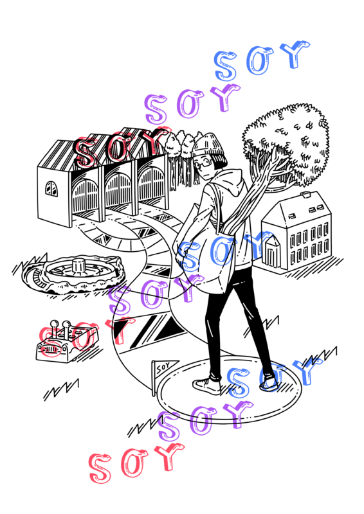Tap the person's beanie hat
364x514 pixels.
coord(209,148)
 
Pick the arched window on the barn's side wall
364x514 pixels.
coord(51,188)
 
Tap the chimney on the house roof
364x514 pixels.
coord(305,195)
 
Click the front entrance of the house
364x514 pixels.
coord(272,253)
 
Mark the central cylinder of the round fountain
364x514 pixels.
coord(78,265)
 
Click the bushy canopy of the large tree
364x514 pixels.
coord(286,143)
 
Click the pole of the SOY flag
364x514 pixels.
coord(153,378)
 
